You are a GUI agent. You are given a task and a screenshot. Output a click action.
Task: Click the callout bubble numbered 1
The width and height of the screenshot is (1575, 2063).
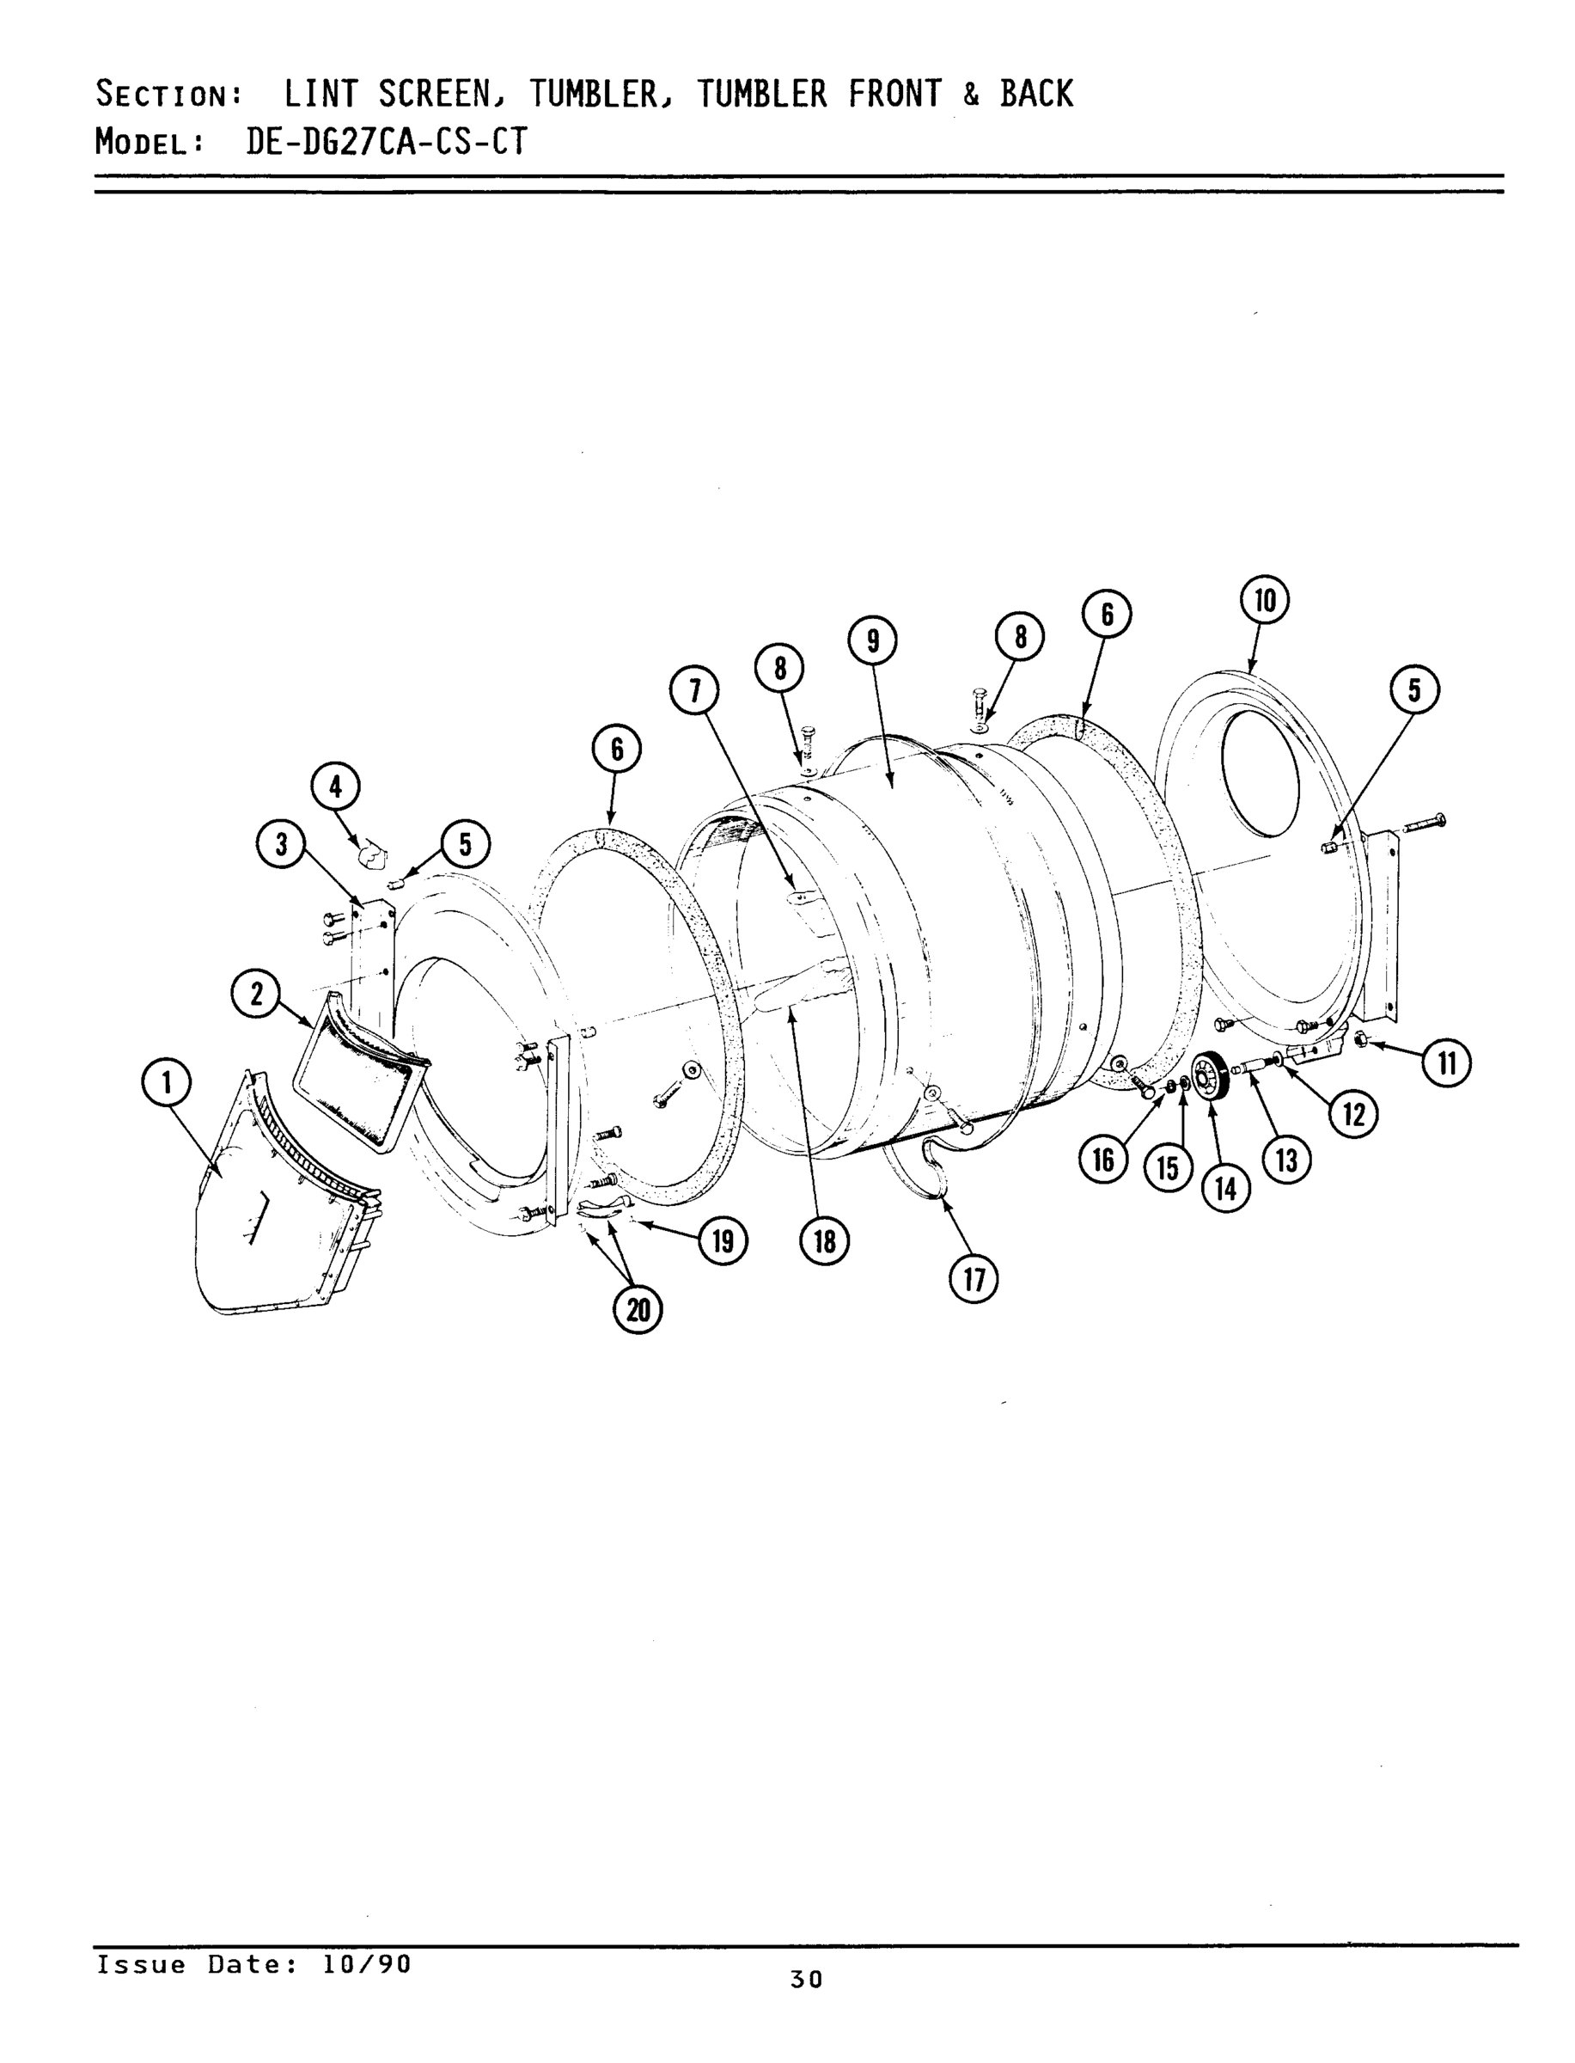(x=166, y=1083)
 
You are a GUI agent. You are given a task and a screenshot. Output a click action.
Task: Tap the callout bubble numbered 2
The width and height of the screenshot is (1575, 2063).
(x=256, y=994)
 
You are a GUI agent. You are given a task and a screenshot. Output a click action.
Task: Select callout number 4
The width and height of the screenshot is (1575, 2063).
(x=336, y=787)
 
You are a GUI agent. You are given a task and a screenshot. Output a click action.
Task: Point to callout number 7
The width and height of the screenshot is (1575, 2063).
(x=693, y=691)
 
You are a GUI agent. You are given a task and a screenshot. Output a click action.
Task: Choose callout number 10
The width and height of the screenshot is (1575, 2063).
(x=1265, y=601)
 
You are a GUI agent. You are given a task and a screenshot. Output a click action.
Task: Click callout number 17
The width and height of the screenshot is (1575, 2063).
(x=974, y=1279)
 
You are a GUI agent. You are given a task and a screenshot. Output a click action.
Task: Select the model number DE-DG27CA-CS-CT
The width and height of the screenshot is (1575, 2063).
(x=387, y=142)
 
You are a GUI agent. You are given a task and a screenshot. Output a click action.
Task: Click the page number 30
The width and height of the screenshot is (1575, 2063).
(x=806, y=1979)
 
